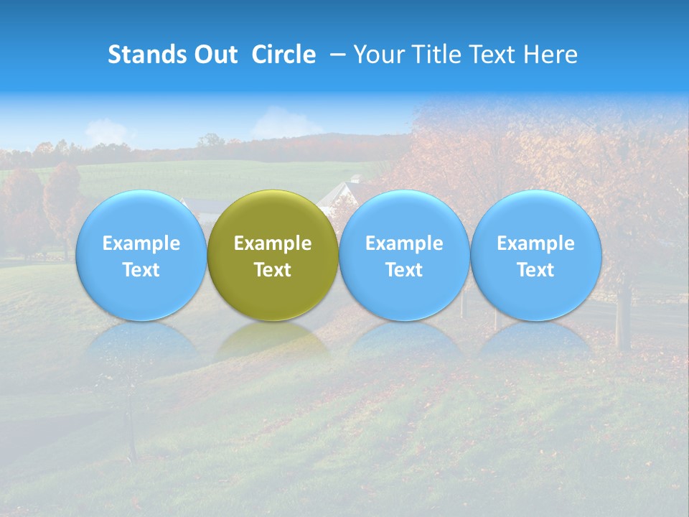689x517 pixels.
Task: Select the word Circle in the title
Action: pos(283,55)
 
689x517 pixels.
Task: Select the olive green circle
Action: pos(273,256)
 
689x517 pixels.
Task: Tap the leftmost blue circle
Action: pos(141,256)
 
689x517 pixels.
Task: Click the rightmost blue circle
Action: pos(536,256)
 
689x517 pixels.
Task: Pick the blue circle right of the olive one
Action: pos(404,256)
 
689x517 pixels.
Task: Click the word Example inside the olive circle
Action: pos(273,243)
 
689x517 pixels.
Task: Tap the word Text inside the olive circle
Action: pos(273,270)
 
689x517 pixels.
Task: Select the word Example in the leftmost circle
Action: pos(141,243)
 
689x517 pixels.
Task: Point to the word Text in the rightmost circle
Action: pos(536,270)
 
